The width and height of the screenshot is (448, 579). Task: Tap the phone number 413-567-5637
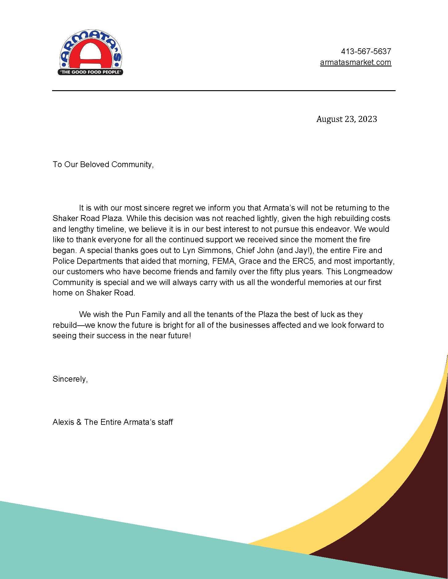[366, 51]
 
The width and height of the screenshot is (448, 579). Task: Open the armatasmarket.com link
[356, 62]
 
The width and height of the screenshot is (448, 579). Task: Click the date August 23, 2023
[346, 119]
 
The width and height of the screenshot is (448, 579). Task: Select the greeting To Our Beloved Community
[103, 164]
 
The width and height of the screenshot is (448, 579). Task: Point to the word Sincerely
[70, 379]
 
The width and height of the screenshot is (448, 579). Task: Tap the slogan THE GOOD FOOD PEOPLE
[91, 72]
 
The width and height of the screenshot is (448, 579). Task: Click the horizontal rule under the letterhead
[224, 90]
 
